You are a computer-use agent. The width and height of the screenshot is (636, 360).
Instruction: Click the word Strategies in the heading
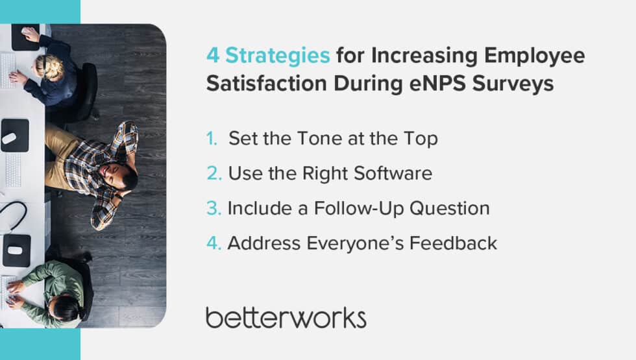[278, 56]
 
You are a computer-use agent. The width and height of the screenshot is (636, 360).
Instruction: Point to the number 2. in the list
[213, 174]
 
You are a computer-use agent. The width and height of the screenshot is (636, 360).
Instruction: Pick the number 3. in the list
[213, 208]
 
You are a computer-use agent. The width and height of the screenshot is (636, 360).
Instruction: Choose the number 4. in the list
[214, 243]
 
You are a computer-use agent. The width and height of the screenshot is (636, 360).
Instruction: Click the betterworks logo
[286, 317]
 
